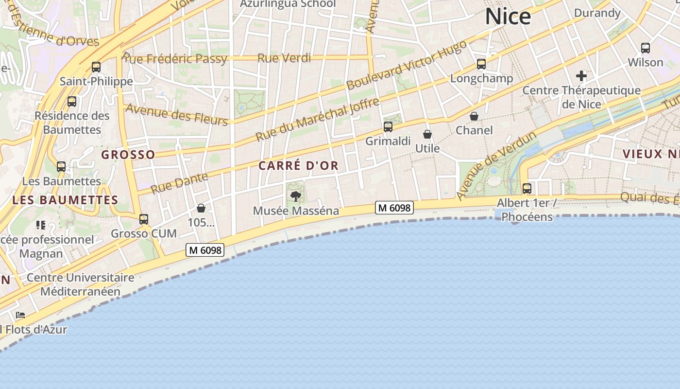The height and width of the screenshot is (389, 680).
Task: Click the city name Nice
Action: pos(508,17)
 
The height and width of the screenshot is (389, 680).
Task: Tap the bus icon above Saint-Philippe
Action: pos(96,67)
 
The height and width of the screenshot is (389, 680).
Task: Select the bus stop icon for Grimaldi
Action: pos(388,127)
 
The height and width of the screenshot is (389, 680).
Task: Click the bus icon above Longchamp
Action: pos(481,64)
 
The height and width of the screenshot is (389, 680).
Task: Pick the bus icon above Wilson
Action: pos(646,48)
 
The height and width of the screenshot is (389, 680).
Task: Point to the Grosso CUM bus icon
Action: pos(144,219)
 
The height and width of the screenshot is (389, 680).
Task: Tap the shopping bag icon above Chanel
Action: pos(474,116)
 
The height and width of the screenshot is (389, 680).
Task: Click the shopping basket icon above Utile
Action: pos(427,134)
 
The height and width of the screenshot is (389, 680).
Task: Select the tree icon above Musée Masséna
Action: pos(295,196)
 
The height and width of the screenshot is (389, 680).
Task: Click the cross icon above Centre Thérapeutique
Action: pos(581,76)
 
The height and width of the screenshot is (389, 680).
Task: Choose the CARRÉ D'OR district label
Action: pos(298,166)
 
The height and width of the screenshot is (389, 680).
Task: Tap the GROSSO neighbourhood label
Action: pos(128,155)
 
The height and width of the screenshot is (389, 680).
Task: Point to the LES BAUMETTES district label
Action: pos(65,200)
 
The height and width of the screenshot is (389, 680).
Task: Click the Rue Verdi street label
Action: pos(284,58)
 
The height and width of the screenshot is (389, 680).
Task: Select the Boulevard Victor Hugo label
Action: pos(407,65)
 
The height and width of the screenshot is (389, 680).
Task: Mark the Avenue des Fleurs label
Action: pos(177,115)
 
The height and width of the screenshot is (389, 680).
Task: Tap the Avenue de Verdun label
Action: pos(496,165)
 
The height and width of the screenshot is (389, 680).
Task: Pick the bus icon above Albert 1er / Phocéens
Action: pos(527,188)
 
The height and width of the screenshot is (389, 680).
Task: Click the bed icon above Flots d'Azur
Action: pos(20,315)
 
